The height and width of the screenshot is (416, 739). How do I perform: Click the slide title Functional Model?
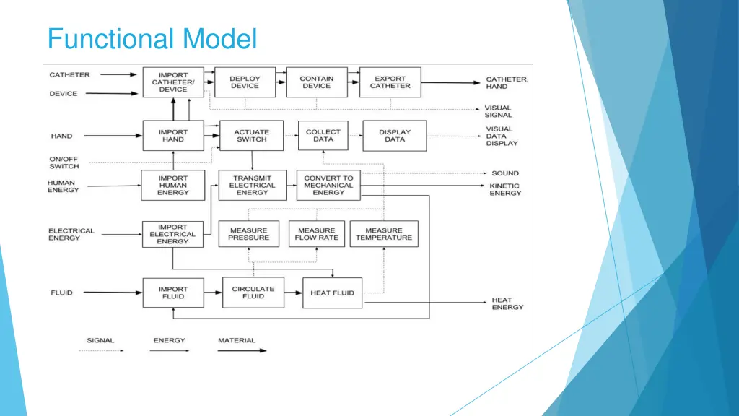click(152, 39)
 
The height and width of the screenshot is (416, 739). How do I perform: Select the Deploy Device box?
click(245, 82)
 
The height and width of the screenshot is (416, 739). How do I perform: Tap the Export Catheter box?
click(390, 82)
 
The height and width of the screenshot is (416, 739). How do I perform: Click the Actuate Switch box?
click(252, 136)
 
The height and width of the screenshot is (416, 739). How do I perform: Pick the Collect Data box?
click(323, 135)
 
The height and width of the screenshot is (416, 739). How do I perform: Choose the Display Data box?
click(395, 136)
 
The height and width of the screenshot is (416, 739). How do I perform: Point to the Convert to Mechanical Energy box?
click(328, 186)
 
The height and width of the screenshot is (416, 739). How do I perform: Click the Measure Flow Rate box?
click(317, 234)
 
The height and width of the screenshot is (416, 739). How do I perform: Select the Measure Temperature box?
click(384, 234)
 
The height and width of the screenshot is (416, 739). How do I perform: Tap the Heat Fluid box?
click(332, 293)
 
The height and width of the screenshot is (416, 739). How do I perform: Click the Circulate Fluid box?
click(253, 292)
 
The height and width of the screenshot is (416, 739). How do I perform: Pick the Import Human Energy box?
click(173, 186)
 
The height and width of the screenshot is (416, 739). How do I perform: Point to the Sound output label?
click(505, 173)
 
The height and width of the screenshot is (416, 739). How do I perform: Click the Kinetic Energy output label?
click(505, 190)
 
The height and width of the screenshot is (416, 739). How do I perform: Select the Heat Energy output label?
click(507, 303)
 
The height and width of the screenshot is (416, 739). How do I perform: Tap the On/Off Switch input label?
click(64, 162)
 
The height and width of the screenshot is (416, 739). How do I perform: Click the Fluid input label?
click(62, 292)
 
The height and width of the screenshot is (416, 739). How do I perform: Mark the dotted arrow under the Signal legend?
click(101, 350)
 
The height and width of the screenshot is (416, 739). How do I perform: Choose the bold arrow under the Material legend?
click(242, 350)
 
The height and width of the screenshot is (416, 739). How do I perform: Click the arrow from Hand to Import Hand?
click(113, 136)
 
